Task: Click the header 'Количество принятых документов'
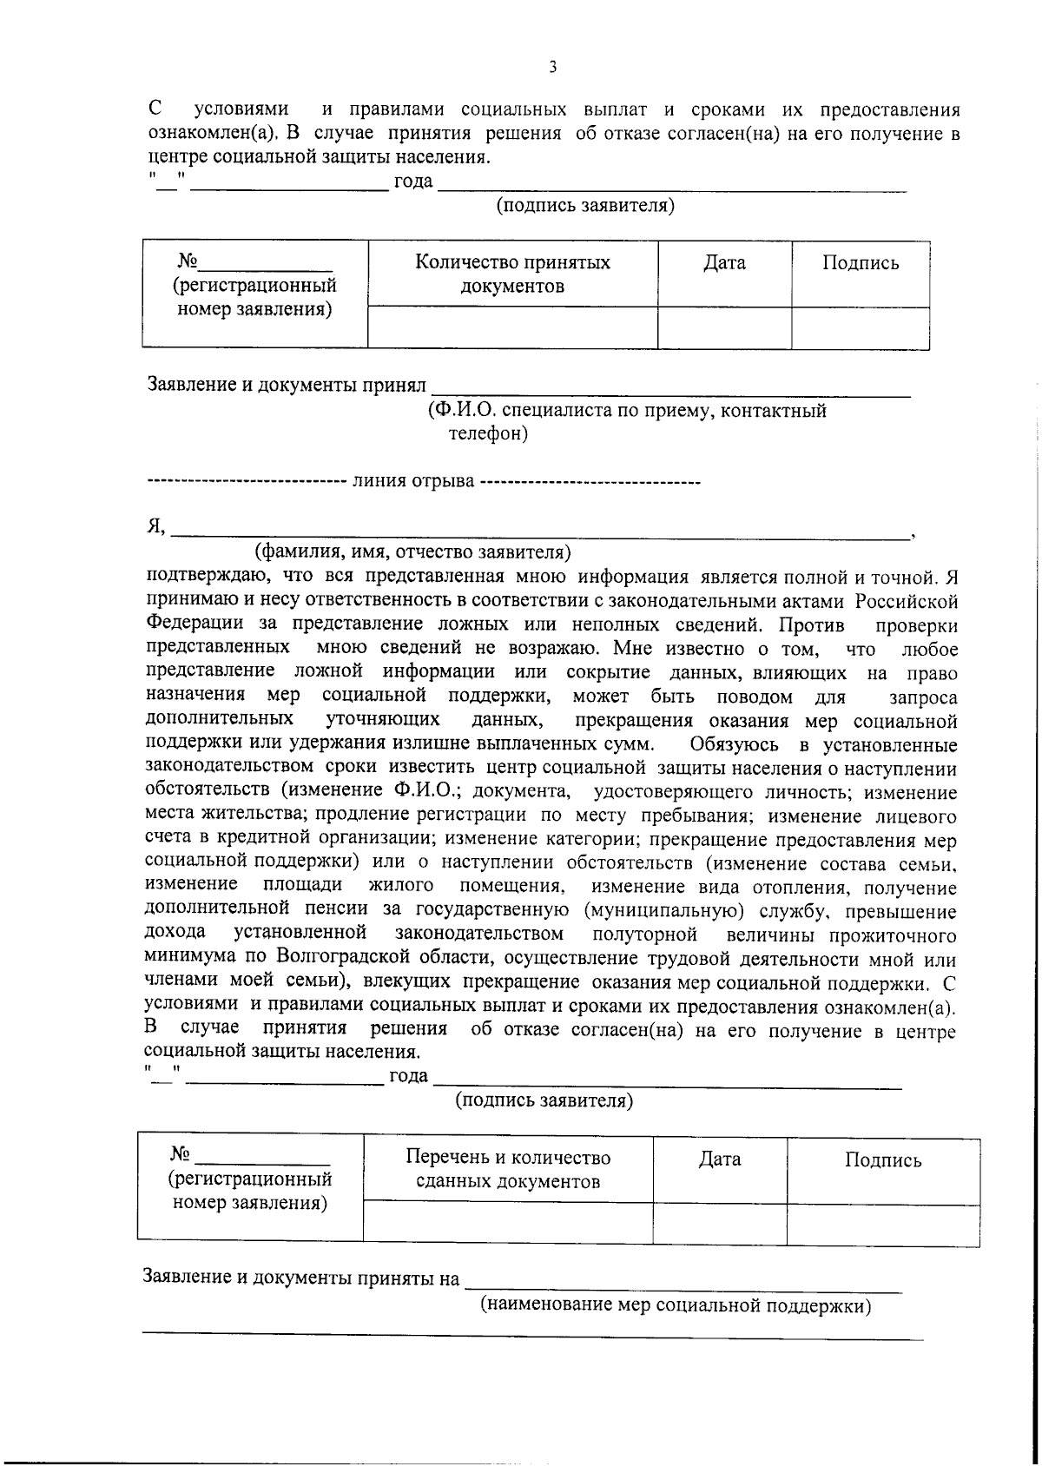(512, 274)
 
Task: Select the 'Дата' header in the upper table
(724, 263)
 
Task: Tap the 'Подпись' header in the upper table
(861, 263)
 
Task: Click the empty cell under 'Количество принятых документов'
(512, 327)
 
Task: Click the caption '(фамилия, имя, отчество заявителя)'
(412, 552)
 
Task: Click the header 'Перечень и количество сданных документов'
(508, 1169)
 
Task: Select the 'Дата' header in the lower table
(720, 1159)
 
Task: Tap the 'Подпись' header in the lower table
(883, 1160)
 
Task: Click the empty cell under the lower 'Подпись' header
(883, 1225)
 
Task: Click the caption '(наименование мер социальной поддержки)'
(676, 1306)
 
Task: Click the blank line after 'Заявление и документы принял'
(670, 390)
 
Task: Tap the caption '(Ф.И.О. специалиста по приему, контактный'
(627, 411)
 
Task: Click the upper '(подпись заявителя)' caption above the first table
(585, 206)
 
